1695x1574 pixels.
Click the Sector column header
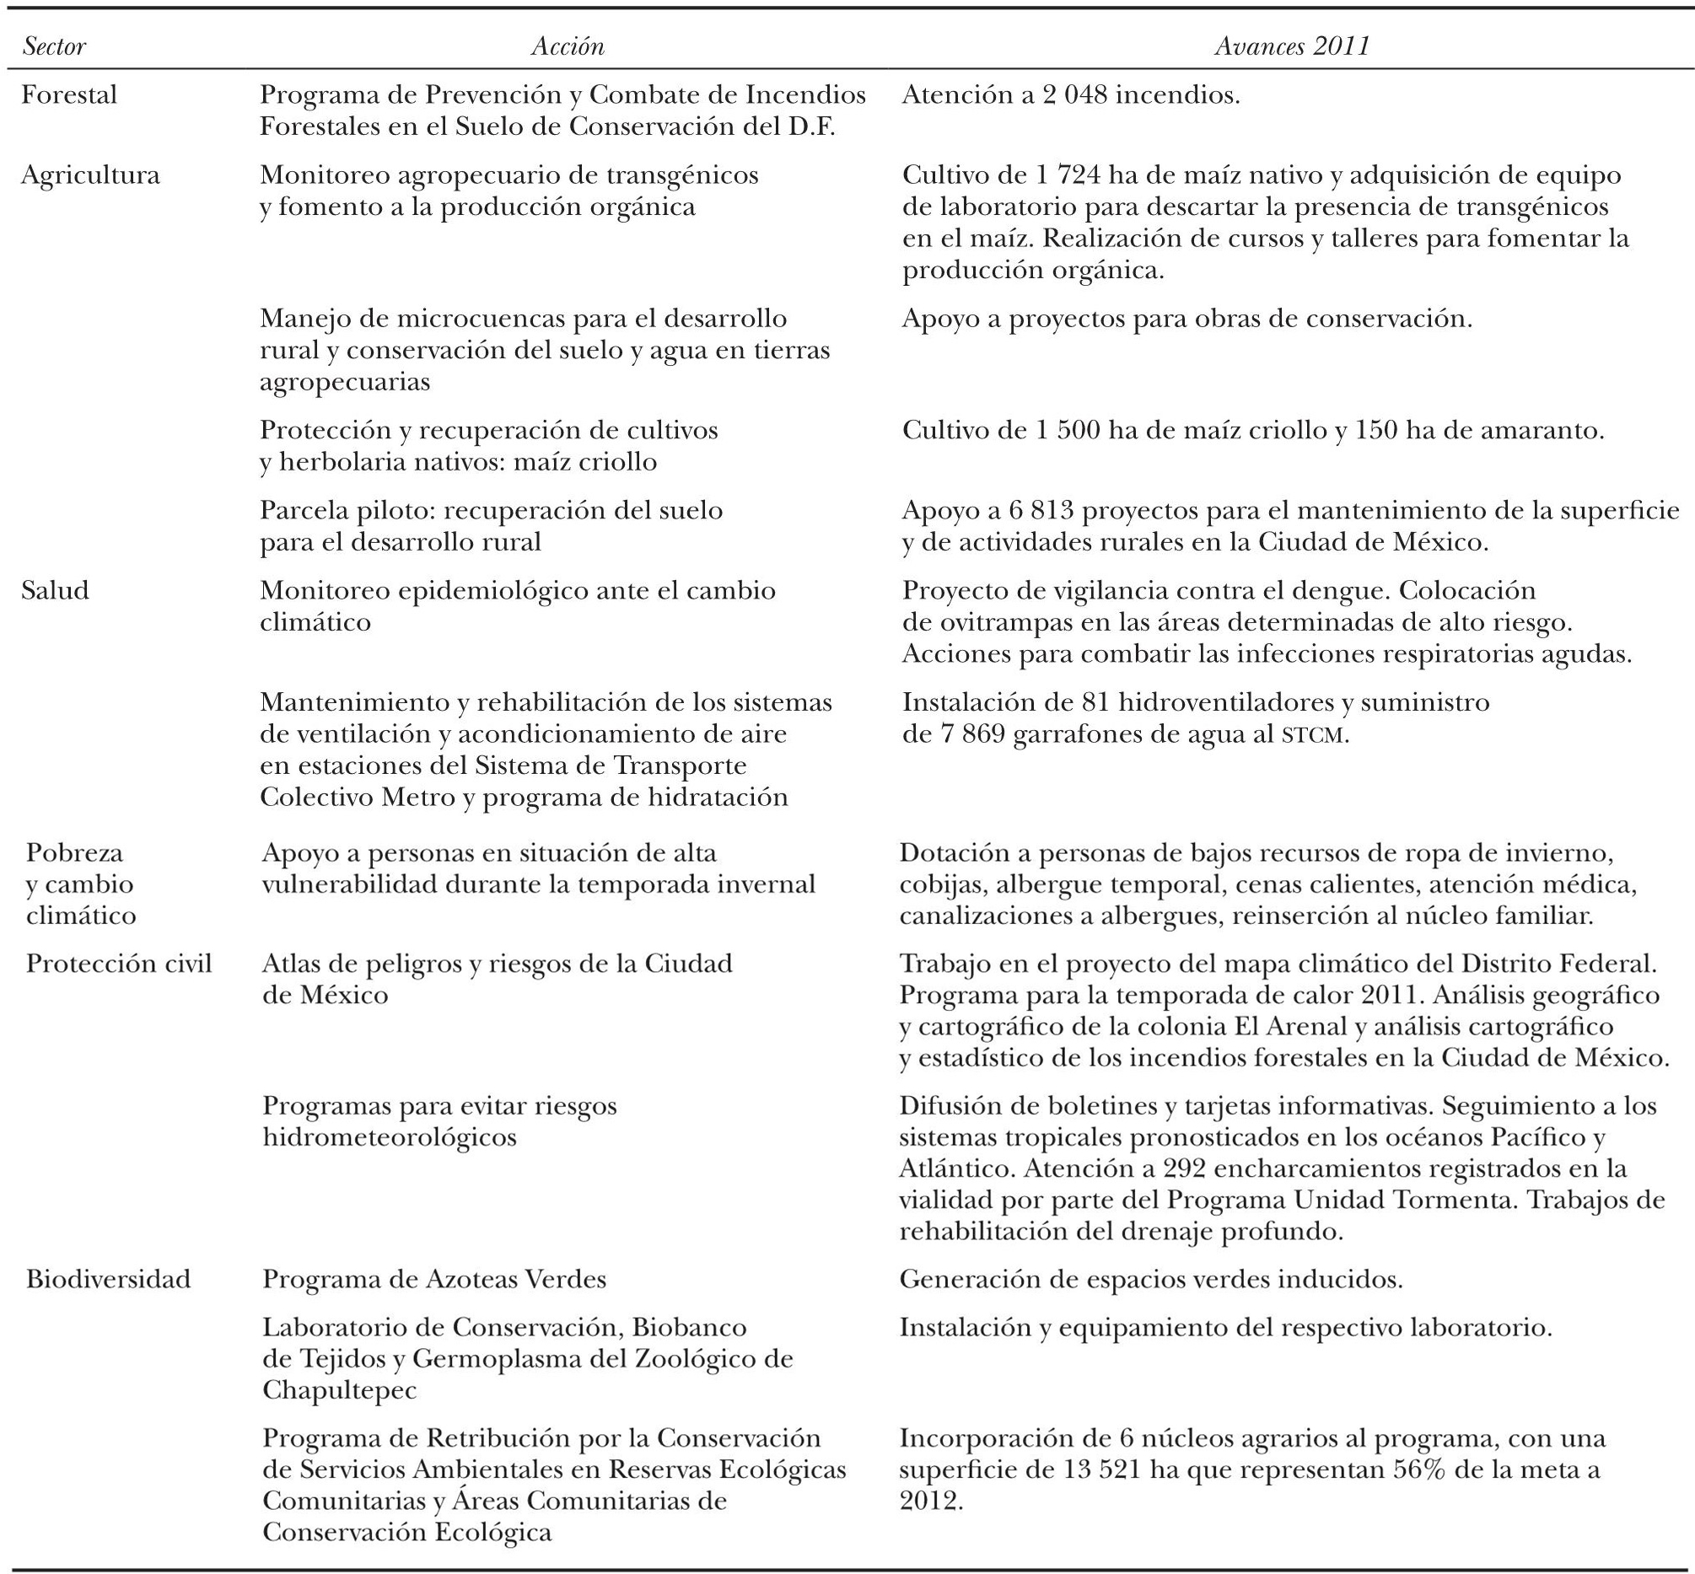click(x=55, y=46)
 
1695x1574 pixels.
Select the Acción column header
click(x=568, y=46)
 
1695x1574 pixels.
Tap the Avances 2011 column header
click(x=1292, y=46)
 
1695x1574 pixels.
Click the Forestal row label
click(x=69, y=94)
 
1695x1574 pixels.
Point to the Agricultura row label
click(x=90, y=175)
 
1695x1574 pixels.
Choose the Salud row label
click(x=55, y=590)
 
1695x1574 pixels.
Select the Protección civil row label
click(x=118, y=964)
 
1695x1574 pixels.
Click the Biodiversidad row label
click(x=108, y=1279)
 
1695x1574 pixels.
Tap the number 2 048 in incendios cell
click(x=1075, y=94)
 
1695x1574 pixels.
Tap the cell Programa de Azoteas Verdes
click(x=434, y=1279)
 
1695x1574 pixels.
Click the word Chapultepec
click(x=339, y=1391)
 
